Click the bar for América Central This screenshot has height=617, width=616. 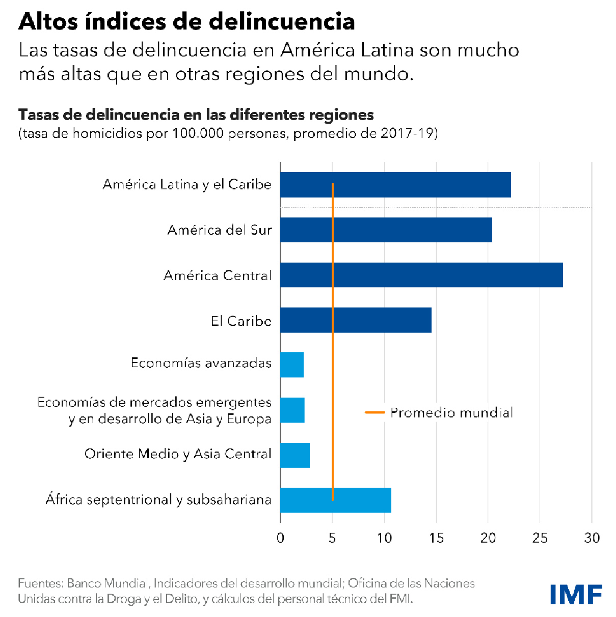[421, 275]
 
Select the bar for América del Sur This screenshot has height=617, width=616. [386, 230]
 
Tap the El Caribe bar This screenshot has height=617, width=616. [356, 320]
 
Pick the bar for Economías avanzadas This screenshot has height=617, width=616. [292, 364]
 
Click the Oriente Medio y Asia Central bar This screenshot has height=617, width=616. [295, 455]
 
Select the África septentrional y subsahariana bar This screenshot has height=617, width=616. [336, 500]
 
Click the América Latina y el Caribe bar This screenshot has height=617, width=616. [395, 184]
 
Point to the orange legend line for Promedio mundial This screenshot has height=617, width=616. [374, 412]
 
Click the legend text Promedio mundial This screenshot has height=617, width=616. [451, 412]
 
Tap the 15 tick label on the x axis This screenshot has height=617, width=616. [436, 538]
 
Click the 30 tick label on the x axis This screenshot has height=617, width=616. [592, 538]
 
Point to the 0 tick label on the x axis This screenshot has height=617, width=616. [280, 538]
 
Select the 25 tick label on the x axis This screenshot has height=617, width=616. [540, 538]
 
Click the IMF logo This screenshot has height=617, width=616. [576, 594]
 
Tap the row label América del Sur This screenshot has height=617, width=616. [220, 230]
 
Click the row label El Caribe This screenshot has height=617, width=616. [241, 321]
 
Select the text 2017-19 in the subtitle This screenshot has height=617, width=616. [407, 133]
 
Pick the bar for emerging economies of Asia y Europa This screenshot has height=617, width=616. [292, 410]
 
